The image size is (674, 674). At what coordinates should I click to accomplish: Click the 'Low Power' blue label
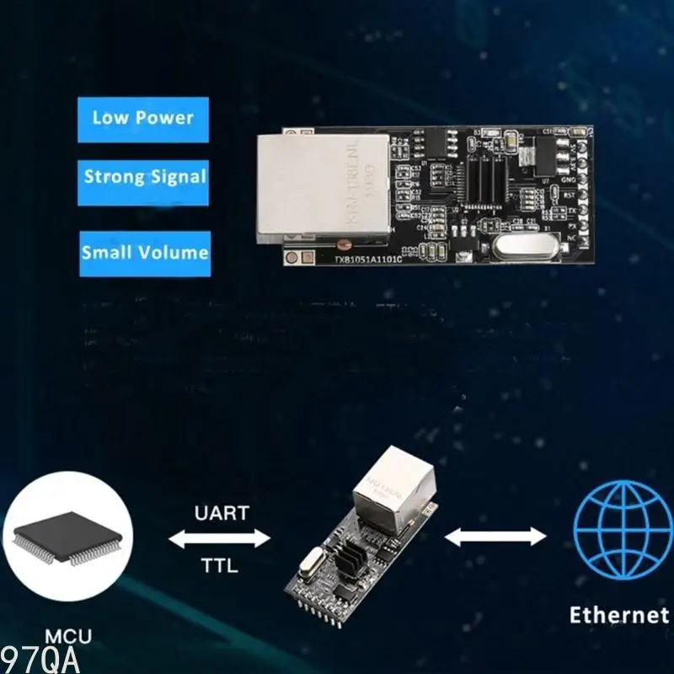tap(142, 119)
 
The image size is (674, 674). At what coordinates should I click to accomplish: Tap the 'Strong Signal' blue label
tap(144, 178)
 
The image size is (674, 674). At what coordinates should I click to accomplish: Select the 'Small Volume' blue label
tap(144, 253)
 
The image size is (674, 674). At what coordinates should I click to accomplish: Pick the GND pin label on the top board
tap(570, 179)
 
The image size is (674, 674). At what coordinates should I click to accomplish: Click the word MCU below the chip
tap(69, 637)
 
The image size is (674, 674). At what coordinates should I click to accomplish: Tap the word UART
tap(221, 513)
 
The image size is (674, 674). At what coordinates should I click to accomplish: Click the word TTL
tap(220, 565)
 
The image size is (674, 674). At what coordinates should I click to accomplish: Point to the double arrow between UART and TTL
tap(221, 538)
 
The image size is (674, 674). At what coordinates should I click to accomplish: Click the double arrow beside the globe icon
tap(495, 537)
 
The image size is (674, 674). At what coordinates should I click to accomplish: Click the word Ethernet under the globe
tap(618, 615)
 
